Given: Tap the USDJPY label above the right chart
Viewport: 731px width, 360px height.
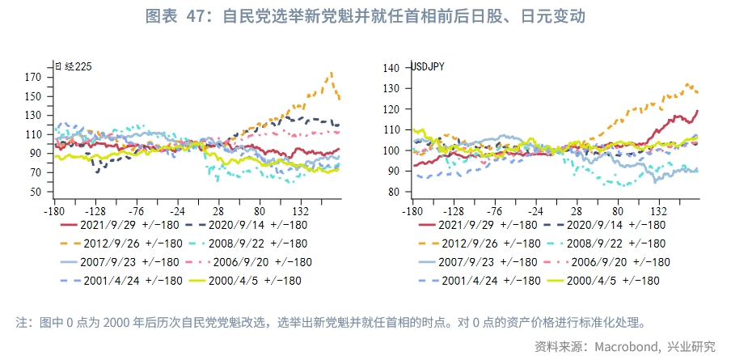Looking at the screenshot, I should (x=428, y=66).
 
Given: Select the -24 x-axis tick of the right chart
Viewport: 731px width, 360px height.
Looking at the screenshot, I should (x=535, y=208).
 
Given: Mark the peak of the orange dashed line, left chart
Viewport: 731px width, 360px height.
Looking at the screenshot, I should (x=332, y=73).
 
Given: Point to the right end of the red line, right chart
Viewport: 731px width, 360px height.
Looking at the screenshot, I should (x=697, y=111).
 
